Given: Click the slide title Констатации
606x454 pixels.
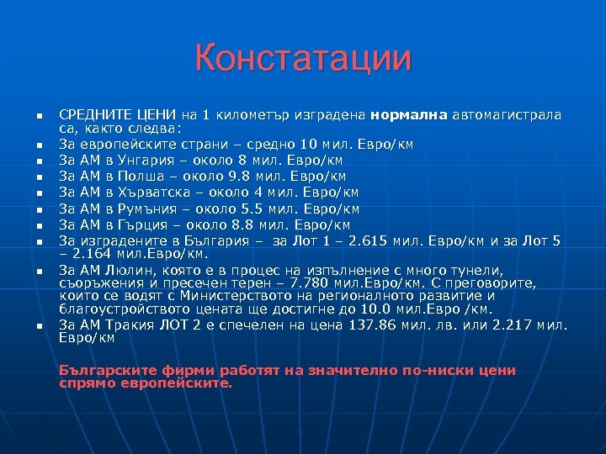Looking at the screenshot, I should point(303,59).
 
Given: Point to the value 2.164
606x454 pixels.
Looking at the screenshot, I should point(90,253).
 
